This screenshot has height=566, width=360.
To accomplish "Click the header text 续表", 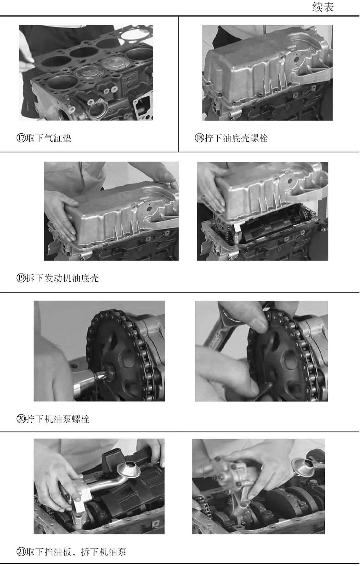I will [x=323, y=7].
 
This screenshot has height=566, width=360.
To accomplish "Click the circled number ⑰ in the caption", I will [x=21, y=138].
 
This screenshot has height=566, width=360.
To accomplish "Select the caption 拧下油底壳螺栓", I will [x=236, y=138].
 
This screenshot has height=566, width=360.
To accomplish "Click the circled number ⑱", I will [x=199, y=138].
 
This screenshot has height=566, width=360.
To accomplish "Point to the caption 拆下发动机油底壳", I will [x=62, y=278].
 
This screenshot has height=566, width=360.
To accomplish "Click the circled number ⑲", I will [x=21, y=278].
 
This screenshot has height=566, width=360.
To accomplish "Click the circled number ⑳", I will [x=21, y=419].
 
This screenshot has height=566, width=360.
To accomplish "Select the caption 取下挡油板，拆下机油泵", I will [x=76, y=552].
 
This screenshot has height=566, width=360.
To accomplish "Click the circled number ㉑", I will [x=21, y=552].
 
